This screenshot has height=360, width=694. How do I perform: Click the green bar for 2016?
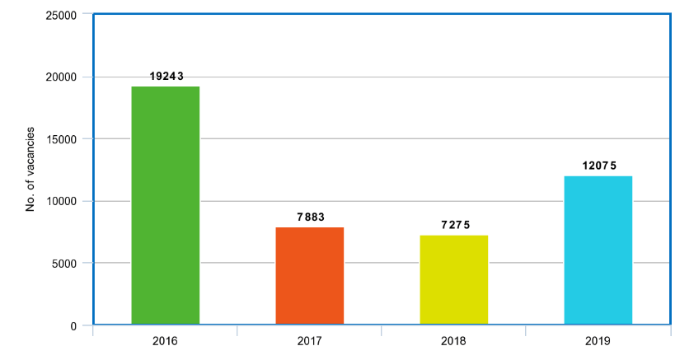click(165, 205)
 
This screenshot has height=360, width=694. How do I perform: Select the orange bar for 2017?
click(309, 276)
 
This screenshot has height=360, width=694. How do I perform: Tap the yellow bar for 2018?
click(453, 280)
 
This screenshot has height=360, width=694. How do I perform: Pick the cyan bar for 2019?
click(598, 250)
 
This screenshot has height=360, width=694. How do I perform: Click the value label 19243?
click(166, 76)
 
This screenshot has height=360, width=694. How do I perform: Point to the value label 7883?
click(310, 217)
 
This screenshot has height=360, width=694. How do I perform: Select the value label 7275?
click(454, 225)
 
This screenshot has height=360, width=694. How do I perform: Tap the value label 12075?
click(598, 166)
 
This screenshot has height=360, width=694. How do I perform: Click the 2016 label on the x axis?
click(165, 340)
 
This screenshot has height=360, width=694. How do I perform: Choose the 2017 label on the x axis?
click(309, 340)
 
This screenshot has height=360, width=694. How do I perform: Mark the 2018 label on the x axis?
click(453, 340)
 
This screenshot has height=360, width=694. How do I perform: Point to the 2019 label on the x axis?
click(598, 340)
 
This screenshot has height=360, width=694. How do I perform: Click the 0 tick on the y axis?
click(73, 326)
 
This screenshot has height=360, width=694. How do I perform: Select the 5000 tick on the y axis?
click(63, 264)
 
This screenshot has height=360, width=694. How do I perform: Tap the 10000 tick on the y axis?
click(61, 202)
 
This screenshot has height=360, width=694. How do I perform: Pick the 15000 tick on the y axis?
click(61, 139)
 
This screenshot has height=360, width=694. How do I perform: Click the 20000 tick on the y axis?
click(61, 77)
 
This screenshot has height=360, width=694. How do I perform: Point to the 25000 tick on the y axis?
click(61, 16)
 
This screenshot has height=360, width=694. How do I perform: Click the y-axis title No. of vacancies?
click(30, 169)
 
